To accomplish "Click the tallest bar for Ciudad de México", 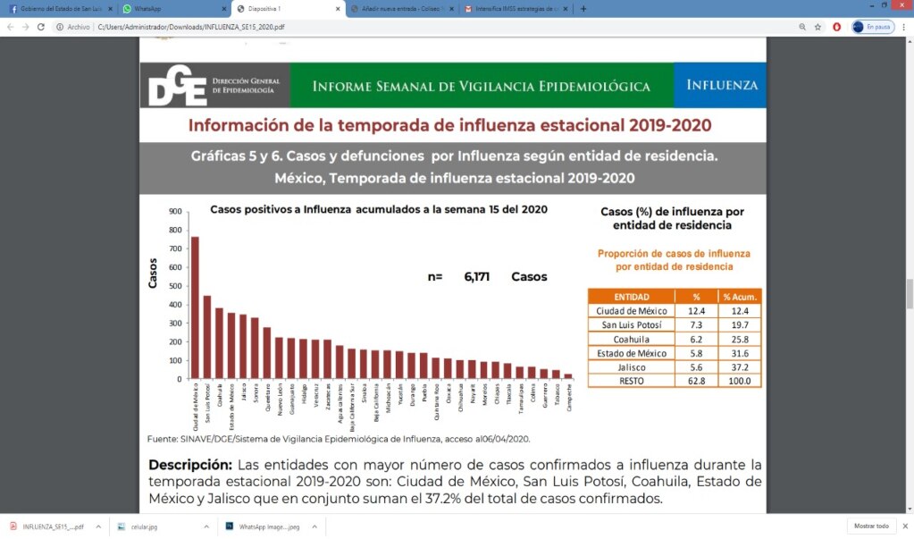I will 196,307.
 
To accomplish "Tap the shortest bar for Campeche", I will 567,376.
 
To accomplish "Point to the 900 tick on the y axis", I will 176,212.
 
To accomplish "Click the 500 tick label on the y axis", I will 176,286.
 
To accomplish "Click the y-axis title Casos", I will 153,273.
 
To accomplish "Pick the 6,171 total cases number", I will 476,277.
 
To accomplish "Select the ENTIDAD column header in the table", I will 632,297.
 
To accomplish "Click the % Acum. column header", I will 740,297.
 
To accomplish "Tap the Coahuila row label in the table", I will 632,340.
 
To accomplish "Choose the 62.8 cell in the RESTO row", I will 696,381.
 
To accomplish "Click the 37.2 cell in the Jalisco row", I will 740,367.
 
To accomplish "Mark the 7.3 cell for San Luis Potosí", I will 696,325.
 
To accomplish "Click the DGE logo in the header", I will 179,86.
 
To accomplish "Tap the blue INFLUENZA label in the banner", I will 722,86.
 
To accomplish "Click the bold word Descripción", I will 190,466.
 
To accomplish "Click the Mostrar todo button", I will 871,526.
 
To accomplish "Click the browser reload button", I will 41,27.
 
